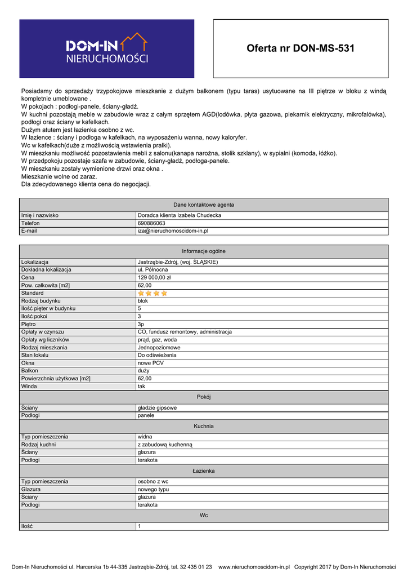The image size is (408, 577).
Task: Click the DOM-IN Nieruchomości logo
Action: click(x=107, y=48)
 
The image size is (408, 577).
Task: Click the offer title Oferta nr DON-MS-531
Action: click(x=301, y=48)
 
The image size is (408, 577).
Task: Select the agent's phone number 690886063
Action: click(x=151, y=223)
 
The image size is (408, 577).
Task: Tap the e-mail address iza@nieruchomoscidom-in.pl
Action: click(x=173, y=231)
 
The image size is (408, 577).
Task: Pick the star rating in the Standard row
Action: click(x=153, y=293)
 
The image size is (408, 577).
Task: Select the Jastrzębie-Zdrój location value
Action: click(x=177, y=262)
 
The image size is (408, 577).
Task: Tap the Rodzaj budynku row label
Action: click(x=41, y=301)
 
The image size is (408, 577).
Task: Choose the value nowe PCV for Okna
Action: click(x=151, y=363)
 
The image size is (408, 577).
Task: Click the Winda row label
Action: click(x=29, y=387)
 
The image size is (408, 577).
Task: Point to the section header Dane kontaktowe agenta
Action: click(x=204, y=205)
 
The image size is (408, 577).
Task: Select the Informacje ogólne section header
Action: click(x=204, y=251)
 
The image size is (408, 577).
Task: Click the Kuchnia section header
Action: click(x=204, y=427)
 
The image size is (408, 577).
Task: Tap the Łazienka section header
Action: click(x=204, y=471)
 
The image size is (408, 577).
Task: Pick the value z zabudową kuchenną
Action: click(x=165, y=445)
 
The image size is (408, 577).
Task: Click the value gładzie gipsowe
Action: click(x=157, y=407)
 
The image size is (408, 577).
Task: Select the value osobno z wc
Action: click(x=153, y=481)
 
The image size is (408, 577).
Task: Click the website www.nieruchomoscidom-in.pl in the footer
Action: click(x=254, y=567)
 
